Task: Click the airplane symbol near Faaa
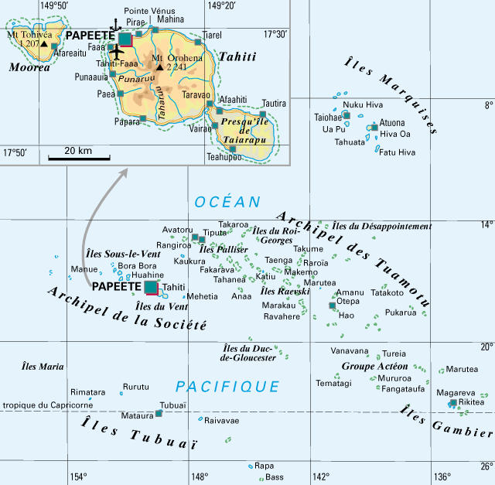coord(116,53)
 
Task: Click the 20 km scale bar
coord(79,158)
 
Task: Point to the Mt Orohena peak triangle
coord(159,67)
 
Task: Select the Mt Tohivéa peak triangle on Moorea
coord(44,44)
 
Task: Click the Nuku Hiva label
coord(363,104)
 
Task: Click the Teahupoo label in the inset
coord(224,157)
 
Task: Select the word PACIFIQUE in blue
coord(227,386)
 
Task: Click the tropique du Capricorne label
coord(48,405)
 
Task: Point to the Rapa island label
coord(265,466)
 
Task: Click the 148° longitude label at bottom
coord(200,476)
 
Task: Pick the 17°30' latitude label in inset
coord(275,35)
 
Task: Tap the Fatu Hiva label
coord(397,152)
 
